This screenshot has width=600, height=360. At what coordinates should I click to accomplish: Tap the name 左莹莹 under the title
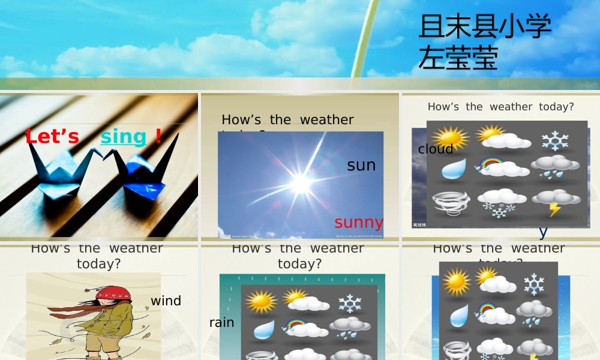[x=458, y=58]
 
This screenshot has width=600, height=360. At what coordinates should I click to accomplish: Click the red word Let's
[x=52, y=137]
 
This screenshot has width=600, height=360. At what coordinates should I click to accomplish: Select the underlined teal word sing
[x=123, y=137]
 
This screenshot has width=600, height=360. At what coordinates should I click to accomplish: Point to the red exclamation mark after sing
[x=158, y=136]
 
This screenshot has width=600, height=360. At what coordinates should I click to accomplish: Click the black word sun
[x=361, y=165]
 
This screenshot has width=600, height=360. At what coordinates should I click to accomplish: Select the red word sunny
[x=359, y=222]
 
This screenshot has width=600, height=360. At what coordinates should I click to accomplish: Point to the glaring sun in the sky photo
[x=300, y=182]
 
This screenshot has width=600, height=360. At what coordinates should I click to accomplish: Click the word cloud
[x=436, y=149]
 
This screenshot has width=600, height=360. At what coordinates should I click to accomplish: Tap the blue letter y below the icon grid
[x=543, y=231]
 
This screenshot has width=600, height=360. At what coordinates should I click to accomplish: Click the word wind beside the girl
[x=166, y=301]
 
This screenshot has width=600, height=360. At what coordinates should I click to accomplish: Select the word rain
[x=221, y=322]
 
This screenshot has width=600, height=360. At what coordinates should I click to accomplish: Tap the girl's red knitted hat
[x=113, y=293]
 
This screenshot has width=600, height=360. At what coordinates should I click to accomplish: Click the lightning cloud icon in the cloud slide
[x=555, y=202]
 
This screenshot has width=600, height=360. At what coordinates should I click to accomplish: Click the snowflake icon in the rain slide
[x=350, y=303]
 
